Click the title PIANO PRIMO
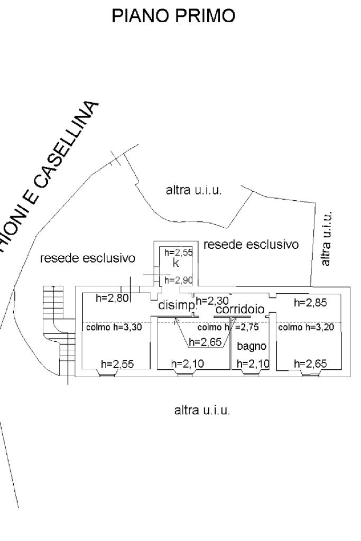coord(174,16)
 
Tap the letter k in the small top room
coord(176,263)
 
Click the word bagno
coord(248,346)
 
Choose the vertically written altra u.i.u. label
coord(327,238)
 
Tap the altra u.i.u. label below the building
coord(202,410)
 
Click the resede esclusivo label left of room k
coord(88,258)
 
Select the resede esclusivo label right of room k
coord(251,245)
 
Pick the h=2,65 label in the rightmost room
coord(311,363)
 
